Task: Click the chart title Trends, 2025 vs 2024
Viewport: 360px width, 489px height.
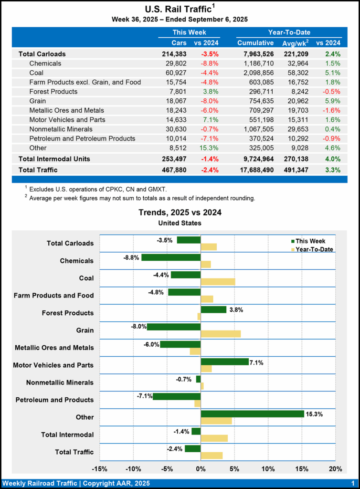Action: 180,213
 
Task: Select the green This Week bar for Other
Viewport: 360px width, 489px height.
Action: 252,414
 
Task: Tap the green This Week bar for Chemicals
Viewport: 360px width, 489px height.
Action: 171,257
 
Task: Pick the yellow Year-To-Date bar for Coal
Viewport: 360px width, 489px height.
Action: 218,282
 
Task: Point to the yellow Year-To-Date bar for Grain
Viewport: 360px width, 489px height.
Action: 221,334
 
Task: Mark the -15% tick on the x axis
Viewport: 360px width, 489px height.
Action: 99,468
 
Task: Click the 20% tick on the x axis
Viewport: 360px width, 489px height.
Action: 335,468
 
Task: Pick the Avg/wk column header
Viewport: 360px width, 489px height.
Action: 295,43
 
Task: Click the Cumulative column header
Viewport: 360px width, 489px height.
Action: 255,43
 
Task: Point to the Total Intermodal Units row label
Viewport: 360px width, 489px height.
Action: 54,159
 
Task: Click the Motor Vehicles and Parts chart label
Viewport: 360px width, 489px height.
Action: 53,365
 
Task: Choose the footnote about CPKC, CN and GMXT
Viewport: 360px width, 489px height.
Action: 97,190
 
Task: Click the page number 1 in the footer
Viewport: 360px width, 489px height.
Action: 352,483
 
